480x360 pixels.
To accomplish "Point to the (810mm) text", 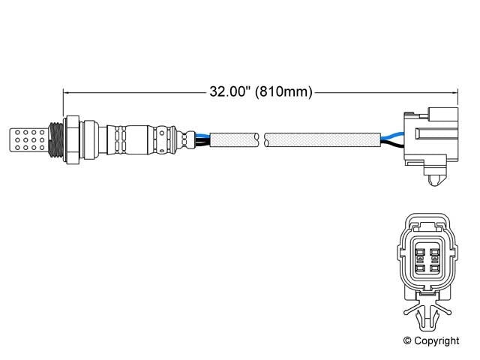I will click(283, 92).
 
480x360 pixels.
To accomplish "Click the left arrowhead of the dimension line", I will click(68, 92).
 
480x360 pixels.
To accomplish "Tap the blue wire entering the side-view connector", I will click(391, 136).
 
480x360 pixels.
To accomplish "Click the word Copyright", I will click(437, 340).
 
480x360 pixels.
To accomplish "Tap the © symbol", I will click(409, 340).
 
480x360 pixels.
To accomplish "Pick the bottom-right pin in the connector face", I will click(434, 267).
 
